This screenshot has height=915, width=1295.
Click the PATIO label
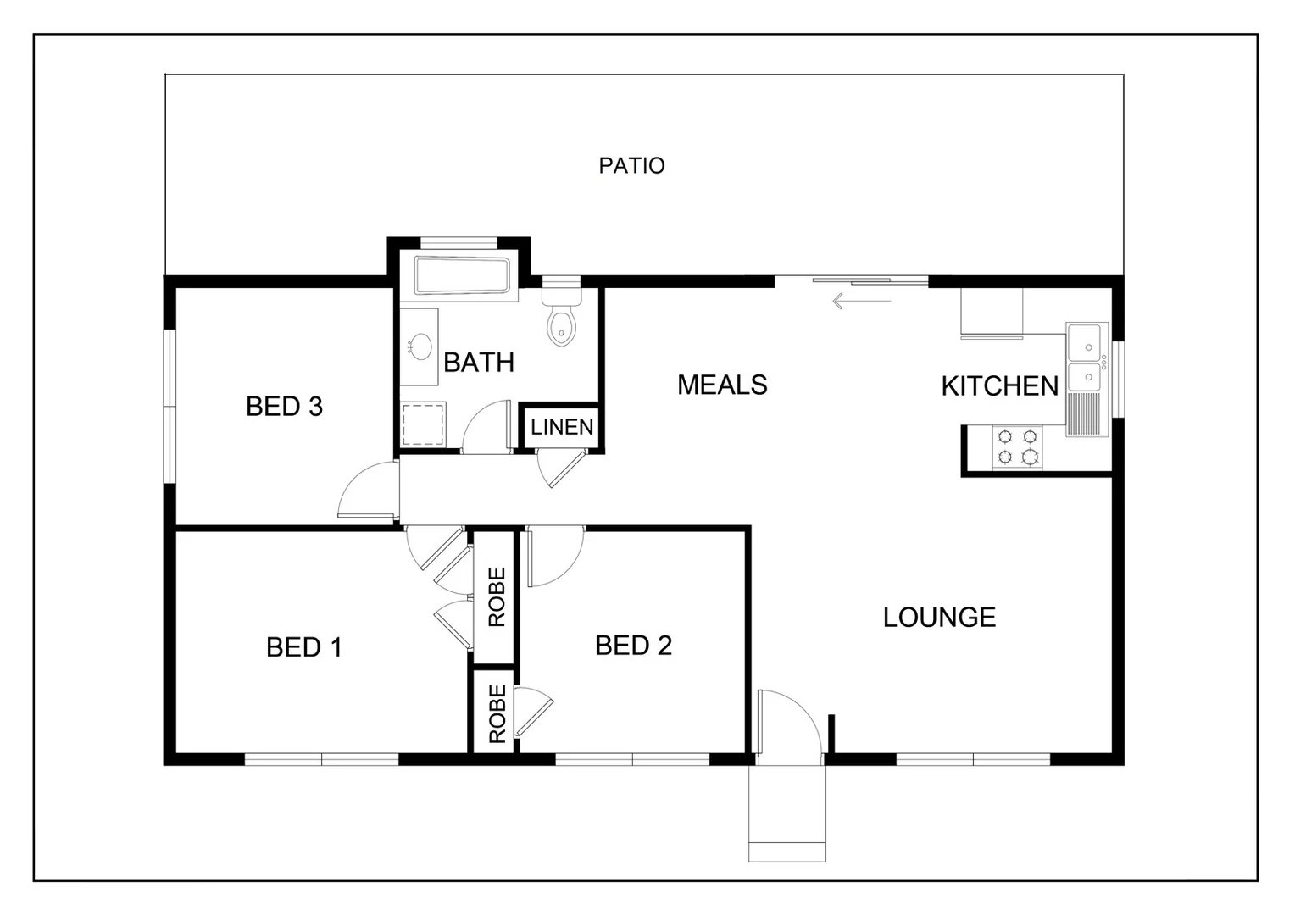(631, 166)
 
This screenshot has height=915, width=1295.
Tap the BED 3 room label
(284, 407)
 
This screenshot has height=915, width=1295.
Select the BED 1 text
(303, 647)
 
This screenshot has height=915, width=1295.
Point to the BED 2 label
(633, 646)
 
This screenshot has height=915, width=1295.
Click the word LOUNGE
(939, 618)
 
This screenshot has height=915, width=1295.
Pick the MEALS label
(722, 385)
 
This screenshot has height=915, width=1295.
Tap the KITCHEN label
(999, 386)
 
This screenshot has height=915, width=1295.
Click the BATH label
(479, 363)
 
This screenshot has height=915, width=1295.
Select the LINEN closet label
(562, 428)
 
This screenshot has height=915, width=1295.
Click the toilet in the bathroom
(560, 318)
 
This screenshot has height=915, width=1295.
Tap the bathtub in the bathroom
(462, 276)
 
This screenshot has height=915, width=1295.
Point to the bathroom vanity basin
(419, 346)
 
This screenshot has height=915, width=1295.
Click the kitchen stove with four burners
(1018, 447)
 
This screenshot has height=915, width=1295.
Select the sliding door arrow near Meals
(861, 301)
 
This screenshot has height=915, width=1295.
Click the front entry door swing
(788, 722)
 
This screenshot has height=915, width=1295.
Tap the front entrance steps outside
(786, 813)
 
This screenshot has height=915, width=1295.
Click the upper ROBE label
(497, 597)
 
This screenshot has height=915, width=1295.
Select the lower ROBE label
(497, 713)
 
